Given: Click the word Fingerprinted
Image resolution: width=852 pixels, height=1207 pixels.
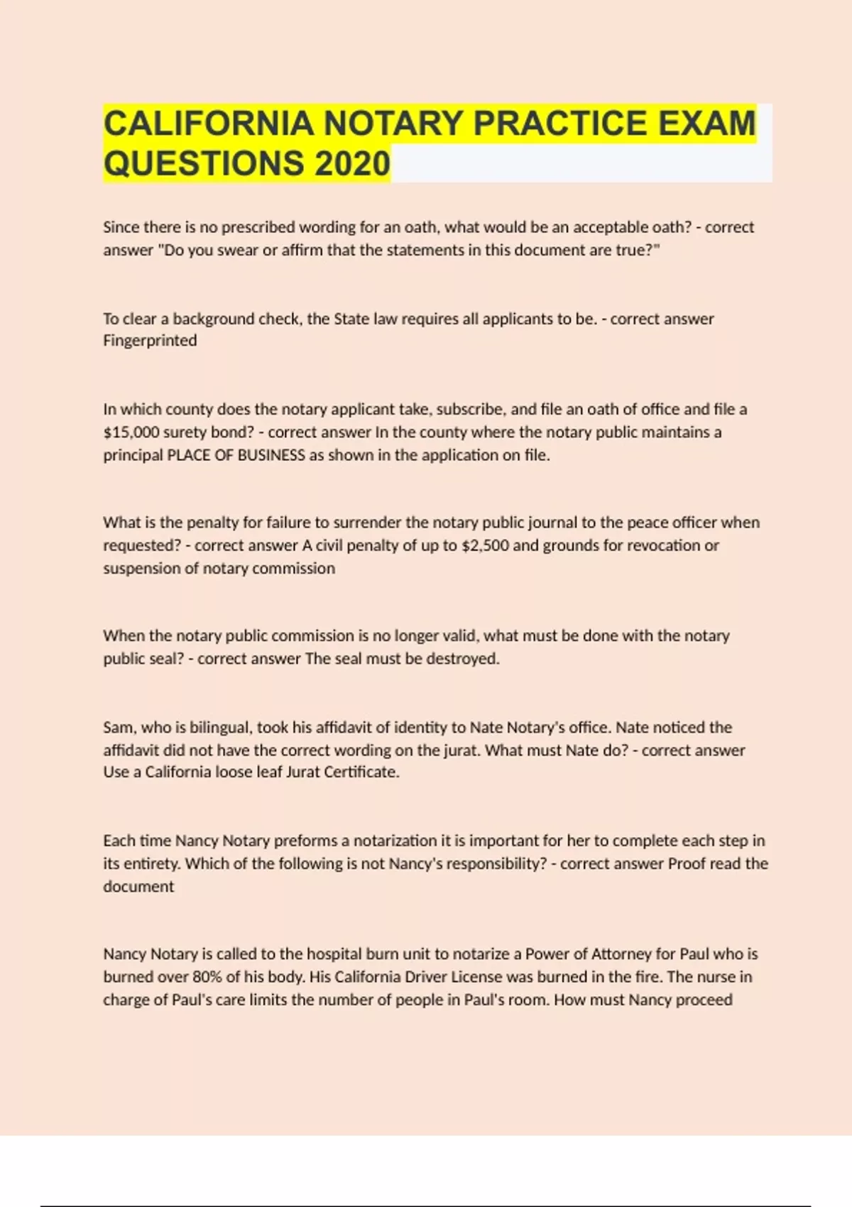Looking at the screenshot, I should click(150, 341).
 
